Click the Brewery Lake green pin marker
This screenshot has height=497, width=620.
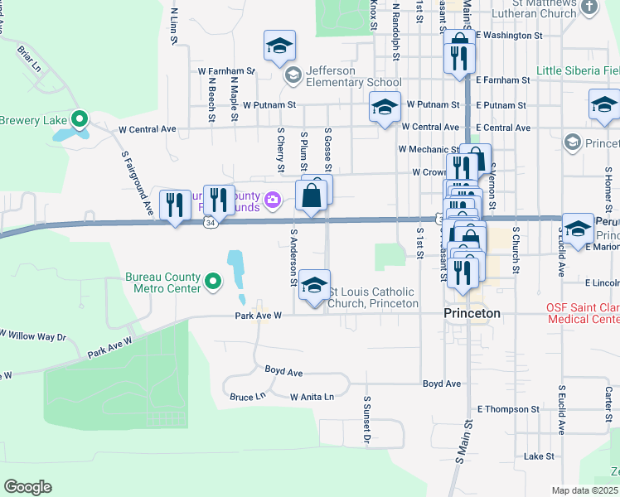(80, 120)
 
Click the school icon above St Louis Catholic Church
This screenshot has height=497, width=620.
(314, 286)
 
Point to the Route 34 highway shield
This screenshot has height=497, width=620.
(213, 221)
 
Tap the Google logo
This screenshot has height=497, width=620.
(27, 487)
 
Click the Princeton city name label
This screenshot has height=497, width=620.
(472, 313)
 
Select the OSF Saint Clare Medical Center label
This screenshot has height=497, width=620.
(582, 313)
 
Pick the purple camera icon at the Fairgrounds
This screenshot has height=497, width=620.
(271, 200)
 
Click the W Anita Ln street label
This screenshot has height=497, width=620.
(312, 397)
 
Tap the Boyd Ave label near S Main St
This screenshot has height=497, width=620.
(441, 384)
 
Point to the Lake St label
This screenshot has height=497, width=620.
(539, 456)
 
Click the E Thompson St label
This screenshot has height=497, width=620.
(507, 409)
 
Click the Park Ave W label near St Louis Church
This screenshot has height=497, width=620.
(259, 316)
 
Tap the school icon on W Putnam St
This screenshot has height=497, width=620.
(384, 108)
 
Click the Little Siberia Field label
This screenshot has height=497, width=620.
(578, 70)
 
